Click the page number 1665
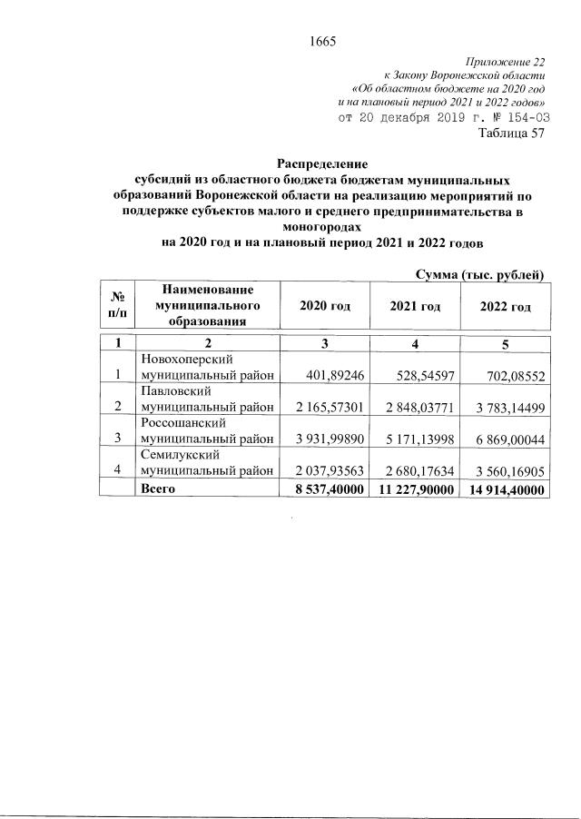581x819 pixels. (x=323, y=40)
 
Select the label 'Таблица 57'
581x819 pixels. (x=511, y=133)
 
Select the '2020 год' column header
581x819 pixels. (x=325, y=307)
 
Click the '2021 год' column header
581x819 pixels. (x=415, y=307)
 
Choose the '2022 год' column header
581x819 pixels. (x=506, y=307)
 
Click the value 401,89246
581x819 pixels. (x=331, y=374)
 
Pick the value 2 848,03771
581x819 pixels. (x=416, y=405)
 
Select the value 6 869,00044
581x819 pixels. (x=507, y=437)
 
